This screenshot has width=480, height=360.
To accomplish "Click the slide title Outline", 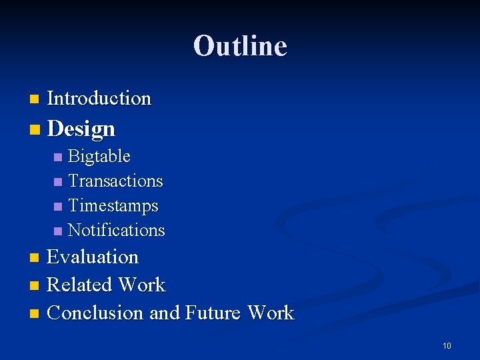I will coord(240,46).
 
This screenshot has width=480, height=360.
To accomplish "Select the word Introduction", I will coord(99,99).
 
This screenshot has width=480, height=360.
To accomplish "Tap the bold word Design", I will coord(81,129).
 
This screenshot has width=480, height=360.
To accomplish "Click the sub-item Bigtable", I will coord(99,157).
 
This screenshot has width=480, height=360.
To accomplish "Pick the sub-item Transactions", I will coord(115,181).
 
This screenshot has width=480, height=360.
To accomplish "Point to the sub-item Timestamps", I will coord(113,205).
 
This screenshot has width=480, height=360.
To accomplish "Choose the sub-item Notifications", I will coord(116,230).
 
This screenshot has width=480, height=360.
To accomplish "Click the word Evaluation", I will coord(93,257).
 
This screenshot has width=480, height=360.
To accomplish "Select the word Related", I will coord(79,285).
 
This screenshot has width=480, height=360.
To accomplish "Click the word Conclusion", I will coord(95,313).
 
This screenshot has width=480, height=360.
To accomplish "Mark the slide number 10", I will coord(447,345).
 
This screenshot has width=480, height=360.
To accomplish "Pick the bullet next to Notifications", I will coord(58,231).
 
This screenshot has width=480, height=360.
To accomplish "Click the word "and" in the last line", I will coord(165,313).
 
